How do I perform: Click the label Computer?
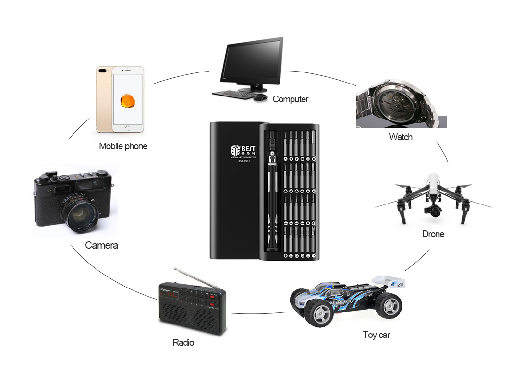pos(290,99)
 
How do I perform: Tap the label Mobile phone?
pos(123,146)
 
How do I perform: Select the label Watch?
pos(401,137)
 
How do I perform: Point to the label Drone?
pos(433,234)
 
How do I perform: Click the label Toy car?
pos(376,335)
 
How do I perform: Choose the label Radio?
pos(183,342)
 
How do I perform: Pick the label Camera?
pos(101,245)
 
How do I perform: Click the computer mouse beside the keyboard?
pos(260,97)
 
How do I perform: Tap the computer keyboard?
pos(233,94)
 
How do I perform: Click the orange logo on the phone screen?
pos(128,101)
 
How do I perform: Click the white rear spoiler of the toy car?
pos(390,281)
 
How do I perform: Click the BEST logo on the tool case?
pos(242,150)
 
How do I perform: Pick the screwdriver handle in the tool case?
pos(272,202)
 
